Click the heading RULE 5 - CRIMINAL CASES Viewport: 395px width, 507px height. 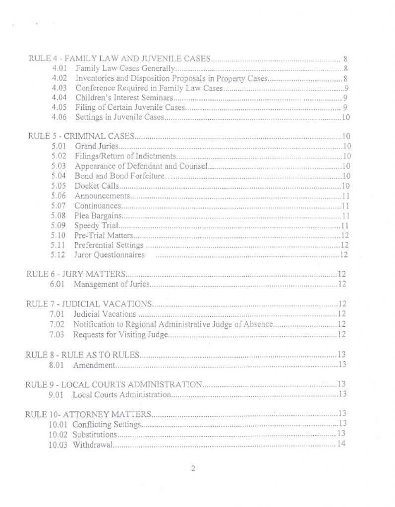pos(82,136)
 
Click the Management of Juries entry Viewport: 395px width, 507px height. pos(111,284)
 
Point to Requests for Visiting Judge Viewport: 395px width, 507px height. pos(121,335)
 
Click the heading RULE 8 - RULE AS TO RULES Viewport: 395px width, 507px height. pos(82,355)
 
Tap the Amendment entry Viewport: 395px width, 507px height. pos(94,365)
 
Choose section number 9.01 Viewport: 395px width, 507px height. pos(56,395)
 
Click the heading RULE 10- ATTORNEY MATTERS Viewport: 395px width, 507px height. pos(87,414)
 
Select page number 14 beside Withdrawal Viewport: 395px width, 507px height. pos(340,444)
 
